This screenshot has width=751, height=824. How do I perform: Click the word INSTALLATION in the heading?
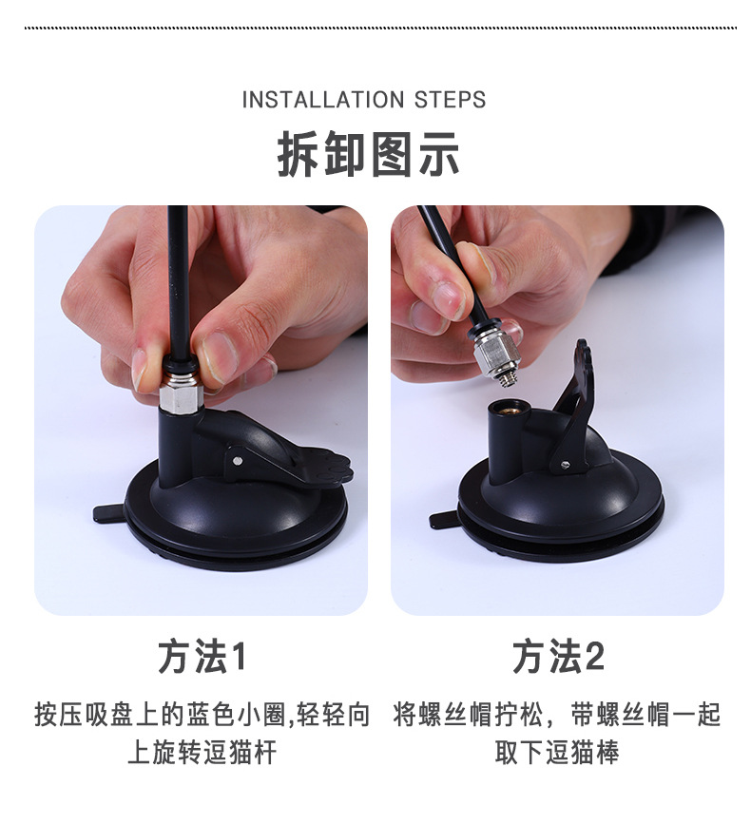coord(322,100)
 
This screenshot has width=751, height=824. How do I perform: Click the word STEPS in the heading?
coord(450,100)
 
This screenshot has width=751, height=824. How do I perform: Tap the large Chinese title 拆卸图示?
coord(368,155)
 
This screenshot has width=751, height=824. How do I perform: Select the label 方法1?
coord(202,657)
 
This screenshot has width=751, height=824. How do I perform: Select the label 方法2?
coord(558,657)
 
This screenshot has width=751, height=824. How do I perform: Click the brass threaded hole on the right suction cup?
coord(504,408)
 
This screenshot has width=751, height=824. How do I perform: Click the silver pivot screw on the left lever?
coord(236,461)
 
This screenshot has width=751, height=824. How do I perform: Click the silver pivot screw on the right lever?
coord(565,465)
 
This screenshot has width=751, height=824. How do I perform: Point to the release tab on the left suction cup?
coord(110,513)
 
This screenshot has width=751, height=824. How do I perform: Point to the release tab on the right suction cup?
coord(445,520)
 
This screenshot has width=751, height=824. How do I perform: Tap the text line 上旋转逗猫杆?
coord(202,752)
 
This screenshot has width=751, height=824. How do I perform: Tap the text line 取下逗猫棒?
coord(557,752)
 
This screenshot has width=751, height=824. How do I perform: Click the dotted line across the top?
coord(380,28)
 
